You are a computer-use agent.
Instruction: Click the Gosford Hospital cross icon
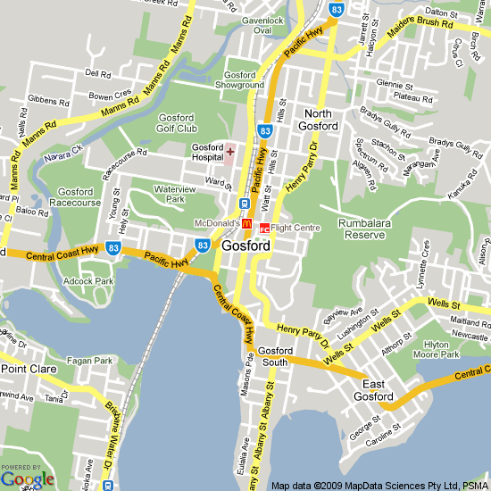tap(229, 153)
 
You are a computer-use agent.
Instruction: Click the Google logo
tap(27, 479)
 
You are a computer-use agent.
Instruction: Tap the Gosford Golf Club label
tap(181, 123)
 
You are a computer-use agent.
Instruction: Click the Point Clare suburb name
tap(29, 369)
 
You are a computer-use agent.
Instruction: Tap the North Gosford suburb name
tap(320, 120)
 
